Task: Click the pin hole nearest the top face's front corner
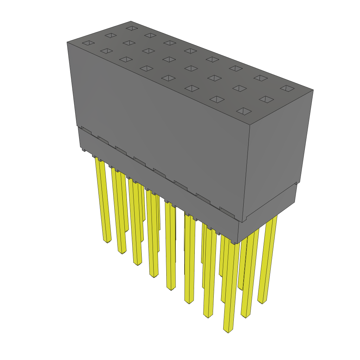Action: point(244,111)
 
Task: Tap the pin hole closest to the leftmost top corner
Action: point(88,43)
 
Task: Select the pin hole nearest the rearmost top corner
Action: point(131,28)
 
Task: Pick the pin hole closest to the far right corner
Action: point(287,88)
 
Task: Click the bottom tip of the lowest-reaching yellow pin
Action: point(228,331)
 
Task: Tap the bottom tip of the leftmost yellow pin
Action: point(107,242)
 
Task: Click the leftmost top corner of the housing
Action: point(67,42)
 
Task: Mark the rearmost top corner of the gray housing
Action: point(131,21)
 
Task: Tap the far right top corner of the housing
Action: point(313,90)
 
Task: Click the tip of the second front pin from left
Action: point(122,252)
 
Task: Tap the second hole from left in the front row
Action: point(106,51)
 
